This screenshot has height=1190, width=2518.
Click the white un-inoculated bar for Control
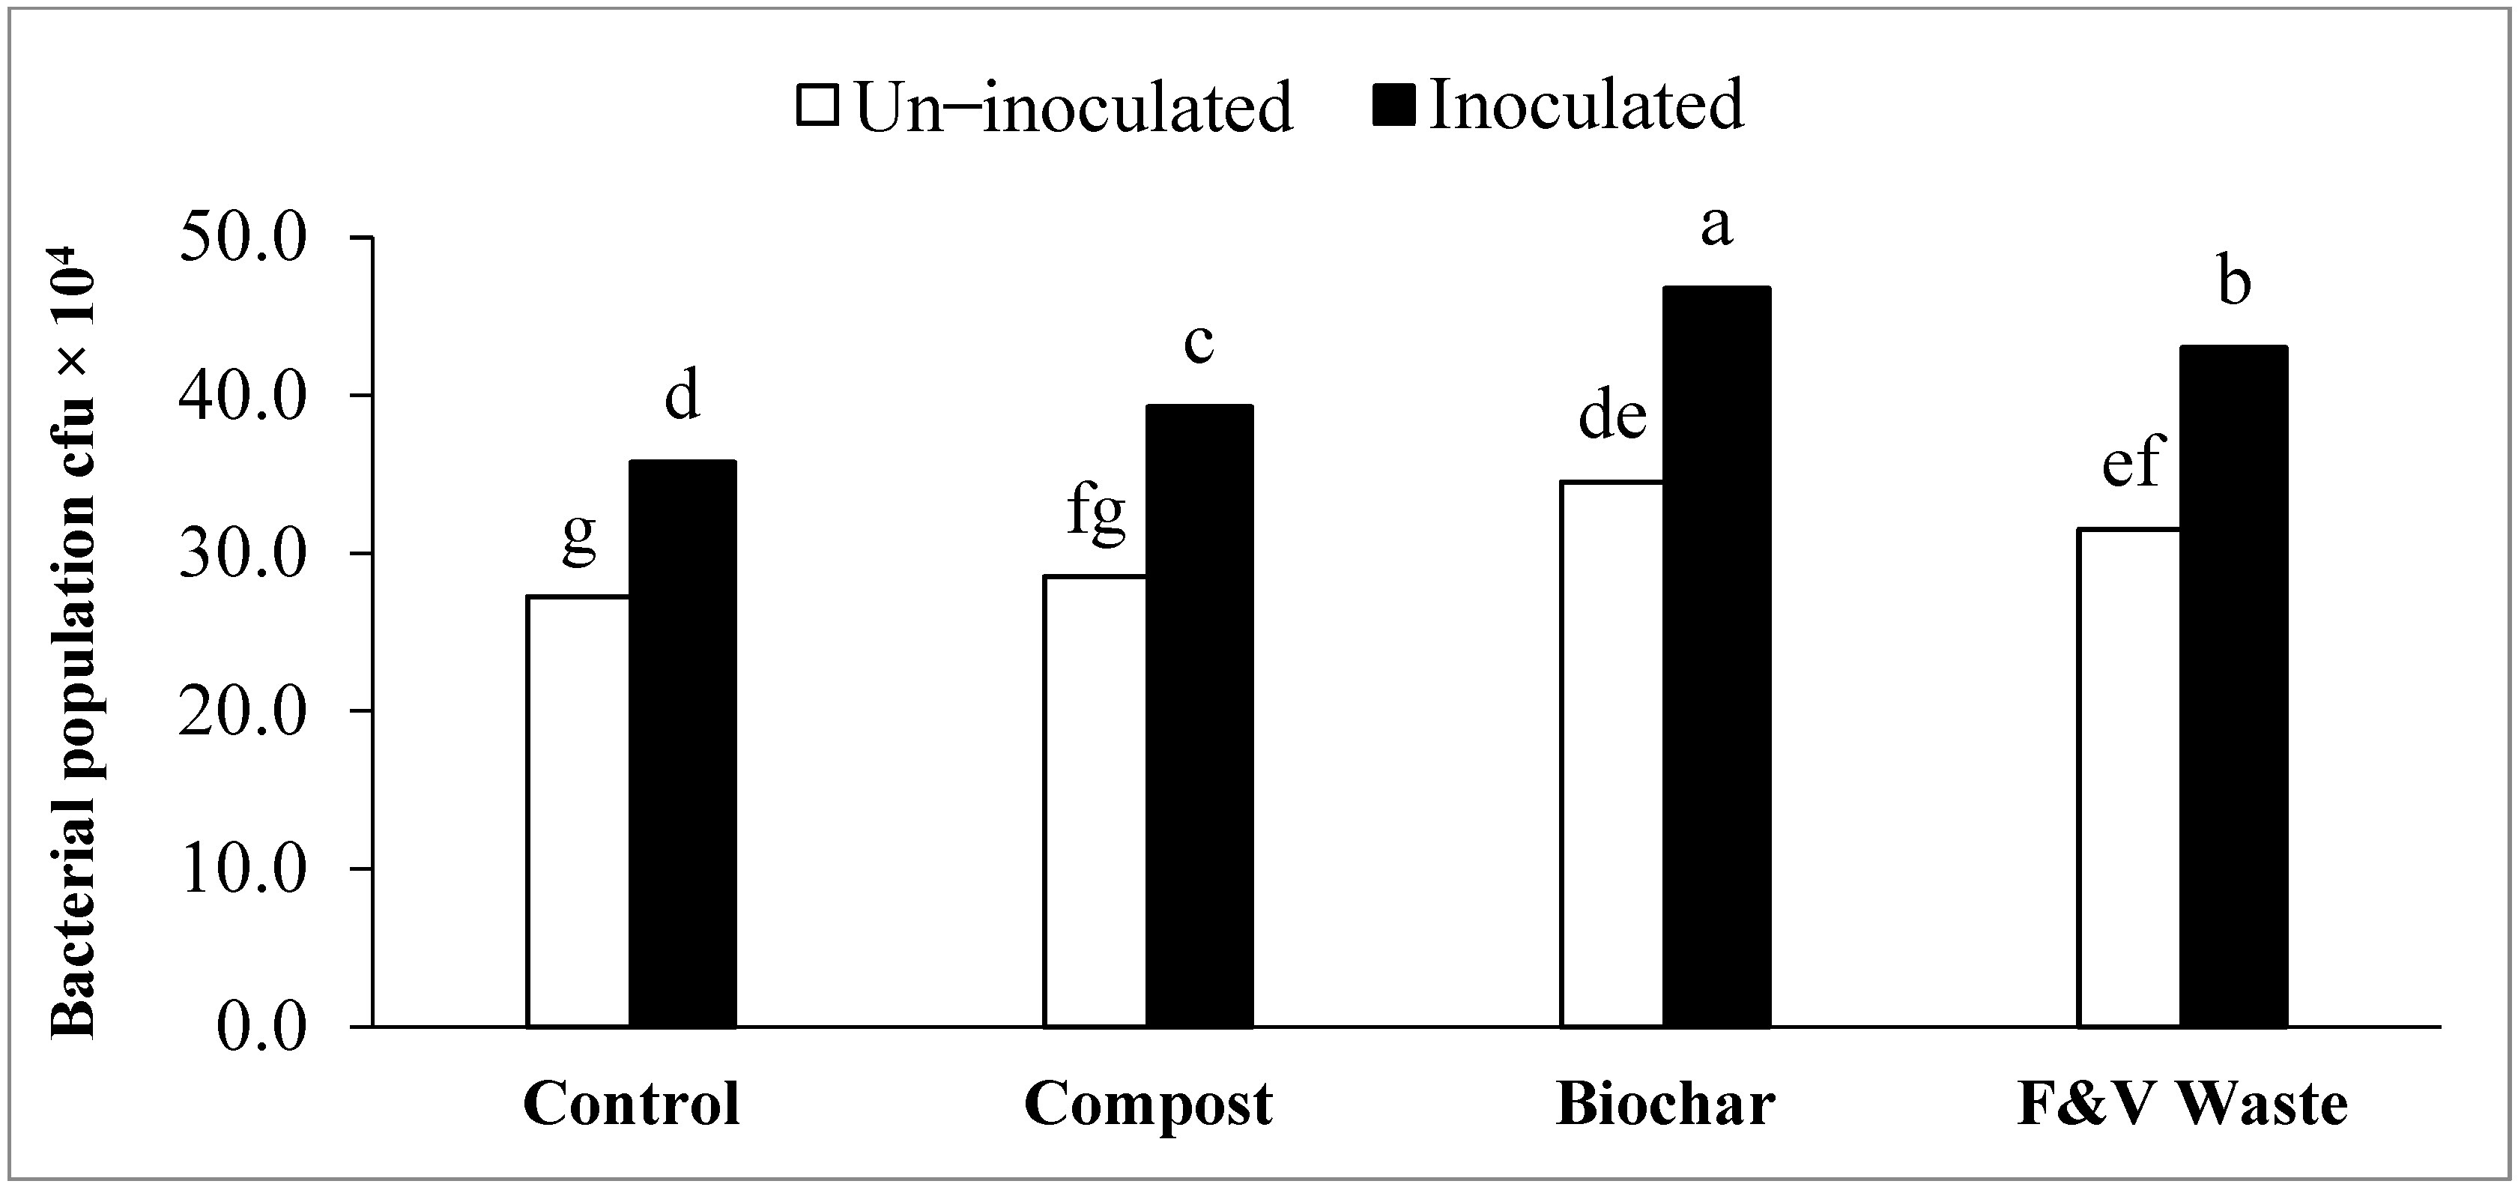578,811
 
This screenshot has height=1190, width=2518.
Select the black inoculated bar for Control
683,743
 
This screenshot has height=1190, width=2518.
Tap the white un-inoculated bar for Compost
1095,801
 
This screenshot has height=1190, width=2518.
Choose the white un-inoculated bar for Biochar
1612,754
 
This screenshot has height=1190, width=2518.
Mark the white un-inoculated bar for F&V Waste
2129,777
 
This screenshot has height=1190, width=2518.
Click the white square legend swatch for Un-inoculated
818,106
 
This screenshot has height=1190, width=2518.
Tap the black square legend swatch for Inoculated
1393,105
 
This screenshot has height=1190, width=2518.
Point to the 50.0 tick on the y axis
243,238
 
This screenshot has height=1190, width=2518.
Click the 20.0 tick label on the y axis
243,711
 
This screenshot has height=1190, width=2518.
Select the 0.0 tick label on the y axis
261,1027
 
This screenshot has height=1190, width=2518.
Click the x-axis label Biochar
1665,1105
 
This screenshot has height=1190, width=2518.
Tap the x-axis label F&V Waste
2182,1105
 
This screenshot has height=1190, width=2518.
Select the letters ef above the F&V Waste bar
2131,462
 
